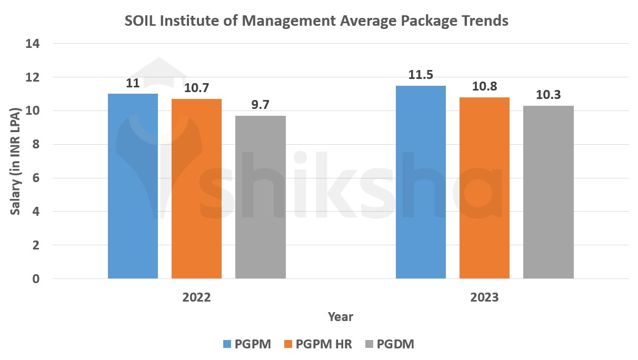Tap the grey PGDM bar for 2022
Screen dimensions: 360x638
[260, 197]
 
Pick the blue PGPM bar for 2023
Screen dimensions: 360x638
[421, 182]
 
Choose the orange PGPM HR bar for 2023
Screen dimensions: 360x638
[484, 187]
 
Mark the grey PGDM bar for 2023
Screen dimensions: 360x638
[548, 192]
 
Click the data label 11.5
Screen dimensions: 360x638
[421, 75]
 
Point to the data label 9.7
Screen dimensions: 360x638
[260, 105]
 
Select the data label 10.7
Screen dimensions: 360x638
[196, 88]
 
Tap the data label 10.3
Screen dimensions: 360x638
[548, 95]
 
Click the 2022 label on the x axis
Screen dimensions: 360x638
[196, 297]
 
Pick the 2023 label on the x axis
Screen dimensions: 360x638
[484, 297]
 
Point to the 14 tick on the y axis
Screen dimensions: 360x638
[33, 44]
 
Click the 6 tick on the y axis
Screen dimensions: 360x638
[36, 178]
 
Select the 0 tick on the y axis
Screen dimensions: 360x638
[36, 278]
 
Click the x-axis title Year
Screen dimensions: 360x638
[340, 317]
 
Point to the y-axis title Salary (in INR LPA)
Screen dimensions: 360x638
[16, 161]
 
